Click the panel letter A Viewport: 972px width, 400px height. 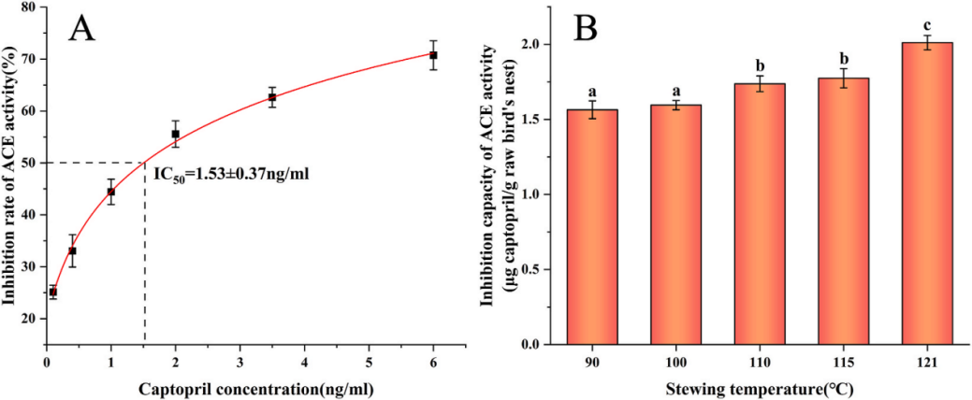tap(82, 29)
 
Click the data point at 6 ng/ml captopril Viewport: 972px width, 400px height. tap(433, 55)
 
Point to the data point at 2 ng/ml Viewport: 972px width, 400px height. tap(175, 134)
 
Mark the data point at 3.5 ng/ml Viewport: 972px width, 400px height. tap(272, 97)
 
